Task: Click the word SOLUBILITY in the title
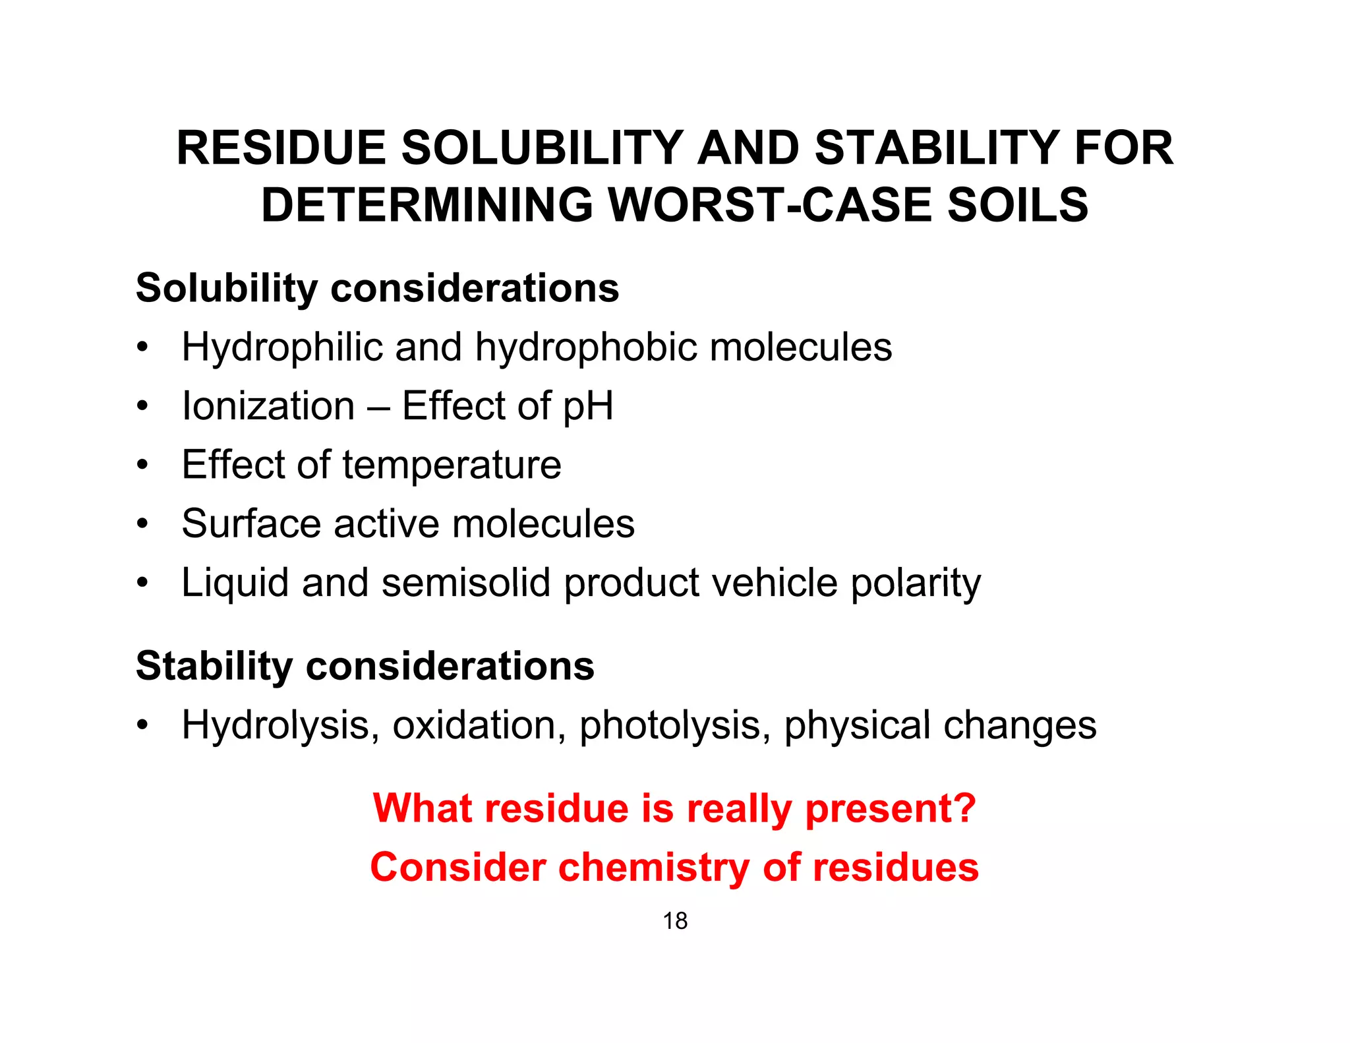pyautogui.click(x=543, y=148)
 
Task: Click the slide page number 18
pyautogui.click(x=675, y=921)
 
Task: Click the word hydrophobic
pyautogui.click(x=586, y=347)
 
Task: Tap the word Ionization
pyautogui.click(x=268, y=405)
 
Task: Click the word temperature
pyautogui.click(x=452, y=465)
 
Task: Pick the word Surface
pyautogui.click(x=251, y=523)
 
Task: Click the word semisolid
pyautogui.click(x=465, y=583)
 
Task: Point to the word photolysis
pyautogui.click(x=675, y=726)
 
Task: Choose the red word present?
pyautogui.click(x=891, y=808)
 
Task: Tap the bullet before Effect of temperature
pyautogui.click(x=142, y=465)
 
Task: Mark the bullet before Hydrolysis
pyautogui.click(x=142, y=726)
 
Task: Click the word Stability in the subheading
pyautogui.click(x=214, y=666)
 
